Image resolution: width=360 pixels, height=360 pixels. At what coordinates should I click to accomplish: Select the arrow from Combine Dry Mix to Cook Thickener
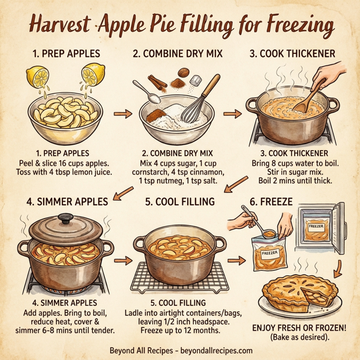tap(230, 112)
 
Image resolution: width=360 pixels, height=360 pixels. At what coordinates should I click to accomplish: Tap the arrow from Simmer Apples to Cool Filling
tap(122, 260)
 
